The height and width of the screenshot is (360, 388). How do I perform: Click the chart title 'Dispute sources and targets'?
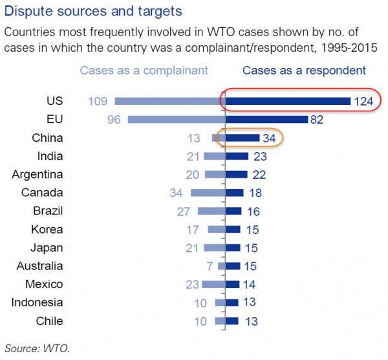click(92, 12)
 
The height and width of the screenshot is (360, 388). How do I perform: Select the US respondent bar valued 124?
click(287, 101)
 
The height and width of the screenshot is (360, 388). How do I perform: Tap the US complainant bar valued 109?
click(169, 101)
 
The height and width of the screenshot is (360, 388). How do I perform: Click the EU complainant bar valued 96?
click(175, 120)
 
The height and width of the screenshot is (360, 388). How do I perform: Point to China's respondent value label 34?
click(270, 138)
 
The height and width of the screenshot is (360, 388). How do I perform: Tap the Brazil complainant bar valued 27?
click(210, 211)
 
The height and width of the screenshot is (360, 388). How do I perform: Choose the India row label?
click(50, 156)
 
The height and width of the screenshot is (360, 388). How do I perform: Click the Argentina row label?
click(38, 174)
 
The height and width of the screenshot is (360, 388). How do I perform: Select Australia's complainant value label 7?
click(211, 266)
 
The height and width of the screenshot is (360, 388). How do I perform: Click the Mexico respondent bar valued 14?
click(232, 284)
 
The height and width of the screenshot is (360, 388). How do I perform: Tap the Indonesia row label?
click(38, 302)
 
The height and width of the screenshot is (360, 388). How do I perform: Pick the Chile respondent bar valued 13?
click(232, 321)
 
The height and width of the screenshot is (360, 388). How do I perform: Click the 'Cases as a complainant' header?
click(144, 70)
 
